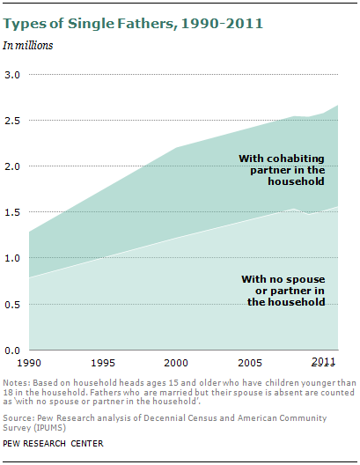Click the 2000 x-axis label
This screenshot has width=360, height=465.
tap(176, 363)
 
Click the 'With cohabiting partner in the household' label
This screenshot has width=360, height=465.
tap(282, 170)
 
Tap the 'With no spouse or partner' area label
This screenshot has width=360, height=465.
tap(283, 291)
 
